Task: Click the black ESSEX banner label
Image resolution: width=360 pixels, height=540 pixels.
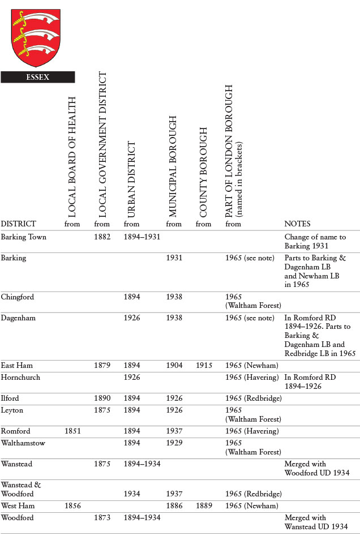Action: coord(37,77)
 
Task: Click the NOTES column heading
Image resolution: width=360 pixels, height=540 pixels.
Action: coord(297,224)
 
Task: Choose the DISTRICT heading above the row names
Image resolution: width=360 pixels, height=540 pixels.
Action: coord(18,224)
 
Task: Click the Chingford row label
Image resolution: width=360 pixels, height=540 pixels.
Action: coord(17,297)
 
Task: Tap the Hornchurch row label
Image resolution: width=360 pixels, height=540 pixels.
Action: coord(20,377)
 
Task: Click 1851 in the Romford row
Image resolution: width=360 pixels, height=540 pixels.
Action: coord(72,431)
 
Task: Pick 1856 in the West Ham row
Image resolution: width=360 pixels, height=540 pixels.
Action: coord(72,505)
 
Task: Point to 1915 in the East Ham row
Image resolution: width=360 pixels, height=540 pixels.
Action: coord(204,366)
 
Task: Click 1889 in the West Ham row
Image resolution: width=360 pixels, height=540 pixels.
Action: coord(204,505)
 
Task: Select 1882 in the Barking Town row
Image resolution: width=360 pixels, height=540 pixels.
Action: coord(102,237)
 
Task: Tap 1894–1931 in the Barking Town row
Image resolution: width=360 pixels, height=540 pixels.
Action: coord(142,237)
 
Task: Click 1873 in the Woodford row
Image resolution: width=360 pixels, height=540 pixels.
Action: coord(102,518)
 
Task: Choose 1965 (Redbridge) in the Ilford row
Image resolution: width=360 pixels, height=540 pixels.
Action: coord(253,398)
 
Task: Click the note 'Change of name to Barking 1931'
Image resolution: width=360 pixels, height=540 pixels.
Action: coord(315,241)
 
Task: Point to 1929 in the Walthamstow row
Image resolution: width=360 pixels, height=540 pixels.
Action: coord(174,443)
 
